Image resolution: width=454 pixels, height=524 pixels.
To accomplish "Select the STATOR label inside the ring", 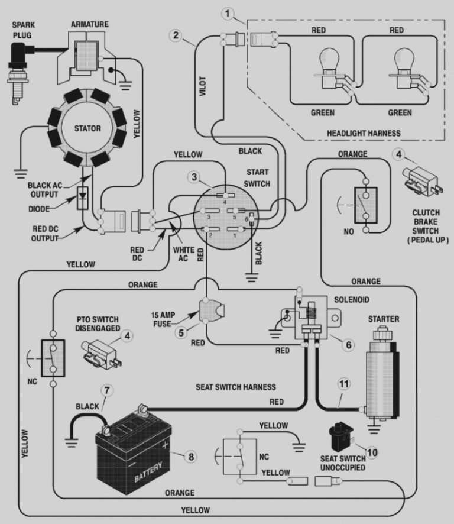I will (x=87, y=128).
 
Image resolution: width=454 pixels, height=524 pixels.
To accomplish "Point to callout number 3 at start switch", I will (x=193, y=177).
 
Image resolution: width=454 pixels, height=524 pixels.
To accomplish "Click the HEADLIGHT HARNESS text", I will (x=364, y=133).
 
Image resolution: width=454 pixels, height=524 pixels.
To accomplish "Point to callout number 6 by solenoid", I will (x=349, y=343).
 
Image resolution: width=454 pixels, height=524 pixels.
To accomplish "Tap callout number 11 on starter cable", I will (x=343, y=383).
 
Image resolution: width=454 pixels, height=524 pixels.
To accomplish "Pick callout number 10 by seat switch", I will (x=371, y=452).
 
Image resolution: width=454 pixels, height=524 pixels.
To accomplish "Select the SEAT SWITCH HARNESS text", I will (x=236, y=387).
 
